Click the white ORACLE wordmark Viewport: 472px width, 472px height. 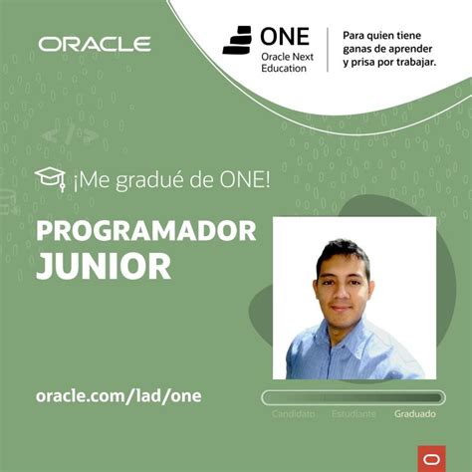pyautogui.click(x=95, y=44)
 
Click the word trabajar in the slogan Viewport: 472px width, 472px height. pyautogui.click(x=407, y=62)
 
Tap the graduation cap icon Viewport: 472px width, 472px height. pyautogui.click(x=49, y=179)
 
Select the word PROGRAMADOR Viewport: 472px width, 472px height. pyautogui.click(x=146, y=231)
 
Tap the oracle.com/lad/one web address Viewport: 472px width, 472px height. pyautogui.click(x=118, y=395)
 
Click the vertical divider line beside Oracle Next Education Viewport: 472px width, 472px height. pyautogui.click(x=329, y=49)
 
